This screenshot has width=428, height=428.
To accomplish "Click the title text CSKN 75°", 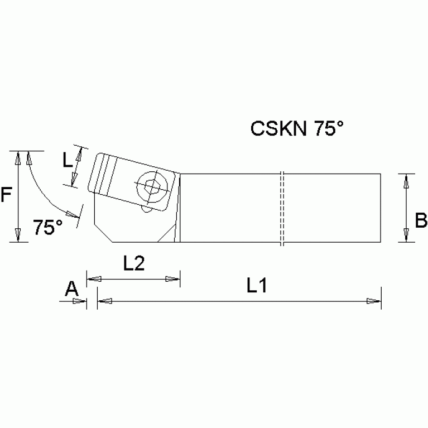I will coord(296,129).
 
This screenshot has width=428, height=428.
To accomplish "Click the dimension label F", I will coord(7,196).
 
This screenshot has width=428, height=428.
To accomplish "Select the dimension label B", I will coord(421,220).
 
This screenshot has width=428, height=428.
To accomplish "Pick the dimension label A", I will coord(71,288).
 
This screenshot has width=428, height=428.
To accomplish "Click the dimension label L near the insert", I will coord(68,161).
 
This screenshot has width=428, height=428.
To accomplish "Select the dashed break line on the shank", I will coord(282,208).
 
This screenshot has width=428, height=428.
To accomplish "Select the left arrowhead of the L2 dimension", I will coord(94,278).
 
